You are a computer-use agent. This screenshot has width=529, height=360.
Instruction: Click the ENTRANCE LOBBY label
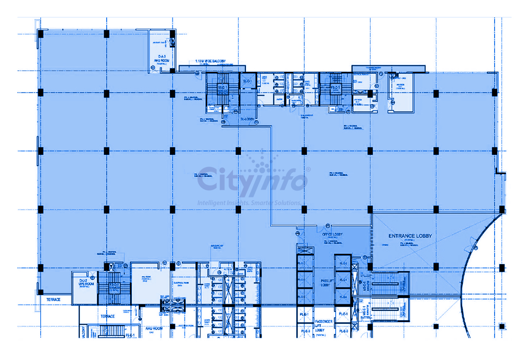[x=410, y=236]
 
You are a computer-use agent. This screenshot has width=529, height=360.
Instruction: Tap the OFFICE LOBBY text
[x=332, y=234]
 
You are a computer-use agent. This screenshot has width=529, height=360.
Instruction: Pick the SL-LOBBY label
[x=248, y=119]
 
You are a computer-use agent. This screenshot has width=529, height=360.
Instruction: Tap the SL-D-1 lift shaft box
[x=248, y=81]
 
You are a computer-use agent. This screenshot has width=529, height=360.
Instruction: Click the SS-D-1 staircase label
[x=223, y=88]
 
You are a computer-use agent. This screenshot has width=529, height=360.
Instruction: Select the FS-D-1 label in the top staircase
[x=335, y=88]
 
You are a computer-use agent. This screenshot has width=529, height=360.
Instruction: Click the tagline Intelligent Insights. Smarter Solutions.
[x=249, y=203]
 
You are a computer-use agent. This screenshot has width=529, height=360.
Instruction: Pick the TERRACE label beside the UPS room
[x=53, y=299]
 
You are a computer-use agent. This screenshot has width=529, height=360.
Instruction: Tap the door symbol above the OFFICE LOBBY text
[x=327, y=226]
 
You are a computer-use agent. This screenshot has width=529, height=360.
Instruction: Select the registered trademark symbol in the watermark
[x=308, y=169]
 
